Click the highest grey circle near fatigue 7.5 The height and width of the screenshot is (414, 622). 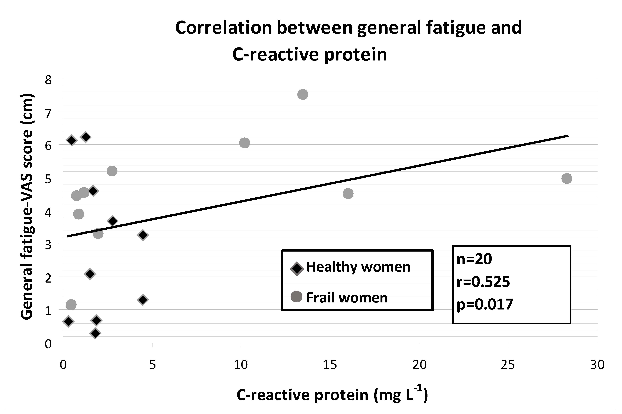click(x=302, y=94)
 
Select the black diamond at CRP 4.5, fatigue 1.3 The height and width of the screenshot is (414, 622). click(x=143, y=300)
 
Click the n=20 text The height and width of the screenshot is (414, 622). click(x=474, y=259)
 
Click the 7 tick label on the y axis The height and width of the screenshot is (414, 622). click(x=48, y=113)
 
